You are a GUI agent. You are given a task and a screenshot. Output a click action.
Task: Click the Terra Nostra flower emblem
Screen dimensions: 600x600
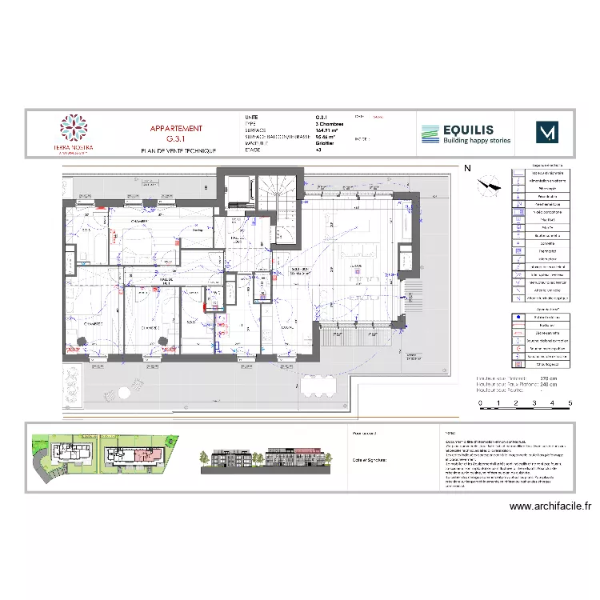[x=74, y=128]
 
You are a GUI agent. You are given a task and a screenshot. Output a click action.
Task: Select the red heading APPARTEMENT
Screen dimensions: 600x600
[x=176, y=128]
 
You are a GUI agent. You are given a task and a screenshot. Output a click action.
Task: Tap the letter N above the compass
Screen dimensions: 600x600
[x=467, y=169]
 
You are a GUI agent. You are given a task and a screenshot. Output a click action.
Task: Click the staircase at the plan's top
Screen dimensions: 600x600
[x=280, y=192]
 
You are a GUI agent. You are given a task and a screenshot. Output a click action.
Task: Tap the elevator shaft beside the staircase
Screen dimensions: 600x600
[x=239, y=191]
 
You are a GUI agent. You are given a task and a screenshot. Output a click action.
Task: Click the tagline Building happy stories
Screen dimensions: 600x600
[x=477, y=141]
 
